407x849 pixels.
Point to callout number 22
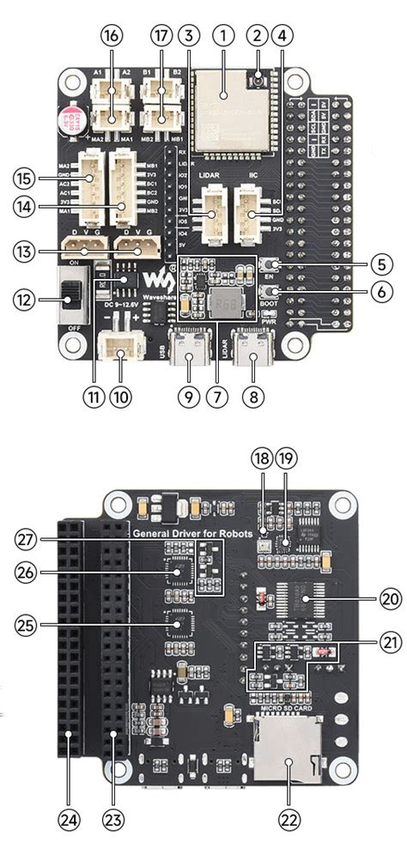pos(289,818)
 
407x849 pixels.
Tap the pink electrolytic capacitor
pos(72,118)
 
